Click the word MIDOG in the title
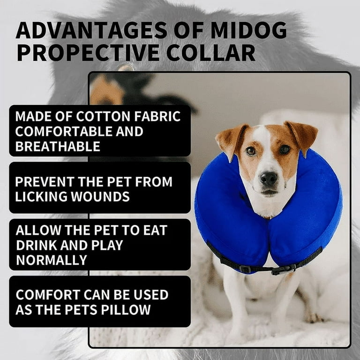click(248, 30)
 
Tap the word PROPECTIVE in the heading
click(88, 52)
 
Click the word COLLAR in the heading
click(211, 52)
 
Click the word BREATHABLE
click(58, 146)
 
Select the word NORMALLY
click(52, 260)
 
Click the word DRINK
click(37, 245)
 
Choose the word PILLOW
click(126, 310)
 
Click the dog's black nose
click(269, 178)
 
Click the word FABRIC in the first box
click(157, 116)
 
